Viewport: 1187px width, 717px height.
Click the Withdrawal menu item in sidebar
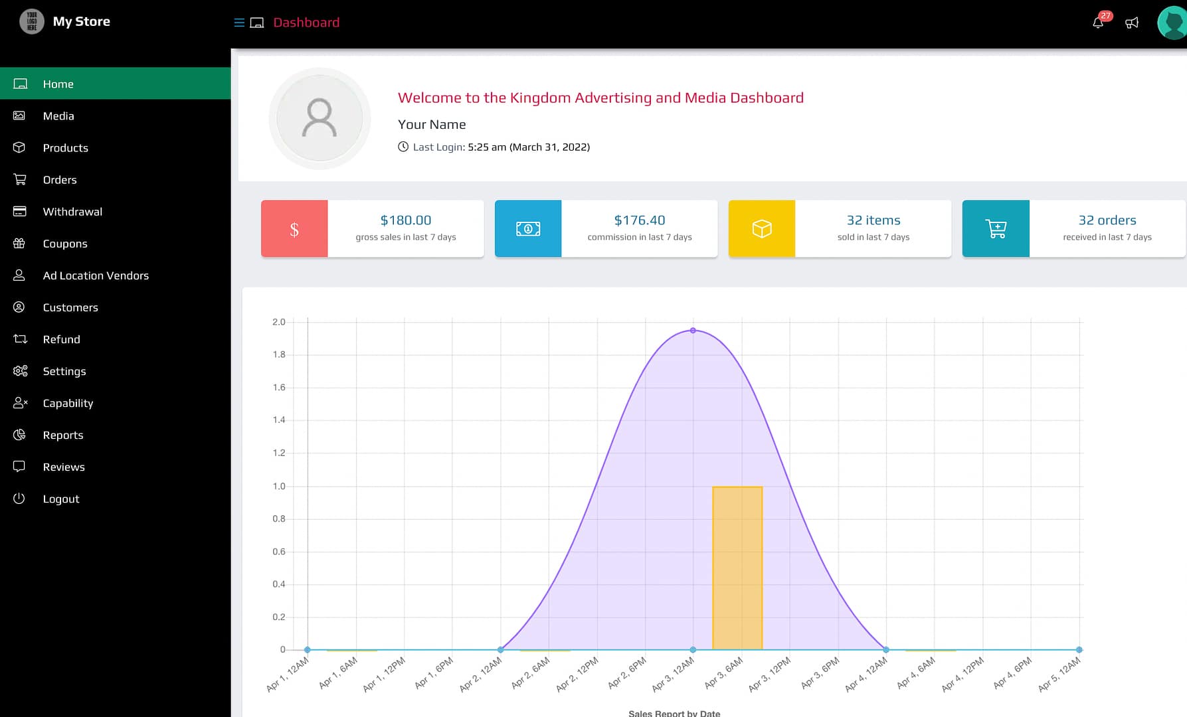pos(72,212)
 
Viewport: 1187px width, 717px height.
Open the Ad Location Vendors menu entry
pos(96,276)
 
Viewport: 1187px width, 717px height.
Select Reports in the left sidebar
pos(63,435)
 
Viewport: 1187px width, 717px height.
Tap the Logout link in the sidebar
pos(61,499)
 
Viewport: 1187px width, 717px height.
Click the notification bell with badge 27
pos(1098,23)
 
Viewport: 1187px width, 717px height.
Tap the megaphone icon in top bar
pos(1132,23)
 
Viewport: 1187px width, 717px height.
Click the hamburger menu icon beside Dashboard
pos(239,23)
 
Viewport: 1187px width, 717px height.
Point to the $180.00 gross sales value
pos(406,220)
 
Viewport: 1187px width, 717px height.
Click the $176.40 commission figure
pos(640,220)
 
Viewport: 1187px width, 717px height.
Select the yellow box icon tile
pos(762,228)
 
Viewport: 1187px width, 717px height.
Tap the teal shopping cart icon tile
pos(996,228)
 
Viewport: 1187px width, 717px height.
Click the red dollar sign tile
pos(294,228)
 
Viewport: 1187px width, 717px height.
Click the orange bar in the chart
pos(737,568)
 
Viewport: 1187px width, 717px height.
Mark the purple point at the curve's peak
pos(693,330)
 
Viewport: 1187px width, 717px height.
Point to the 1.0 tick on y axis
pos(279,486)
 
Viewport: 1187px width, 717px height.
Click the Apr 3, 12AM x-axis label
pos(674,674)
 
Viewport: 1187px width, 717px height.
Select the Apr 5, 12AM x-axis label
pos(1059,674)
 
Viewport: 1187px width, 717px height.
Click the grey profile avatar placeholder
pos(320,118)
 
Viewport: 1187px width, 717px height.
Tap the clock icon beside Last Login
pos(403,147)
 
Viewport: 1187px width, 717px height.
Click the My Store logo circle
pos(32,21)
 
